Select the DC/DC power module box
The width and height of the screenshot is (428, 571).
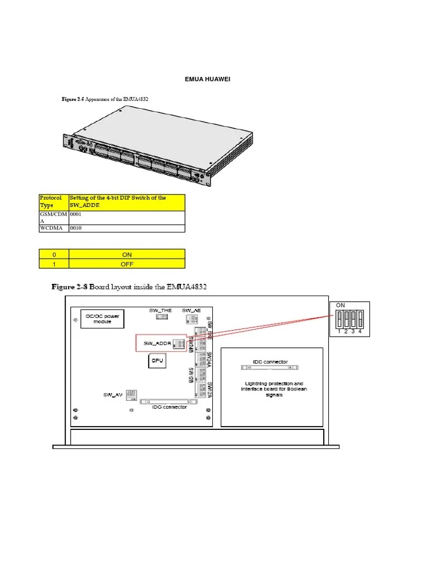(x=103, y=318)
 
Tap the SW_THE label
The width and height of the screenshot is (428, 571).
(x=160, y=310)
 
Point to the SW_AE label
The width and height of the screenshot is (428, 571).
(x=191, y=310)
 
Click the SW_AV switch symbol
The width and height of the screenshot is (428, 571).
(x=132, y=395)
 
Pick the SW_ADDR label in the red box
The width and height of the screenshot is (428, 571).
(x=156, y=343)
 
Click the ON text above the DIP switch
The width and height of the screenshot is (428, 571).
(x=340, y=305)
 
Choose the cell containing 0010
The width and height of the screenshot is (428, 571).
(x=127, y=228)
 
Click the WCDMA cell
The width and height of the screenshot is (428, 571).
(x=53, y=228)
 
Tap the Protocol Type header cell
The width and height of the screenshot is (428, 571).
(x=53, y=201)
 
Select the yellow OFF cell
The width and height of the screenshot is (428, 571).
(x=127, y=264)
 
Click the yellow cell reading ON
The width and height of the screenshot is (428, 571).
(x=127, y=254)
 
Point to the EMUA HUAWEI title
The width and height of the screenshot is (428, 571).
(x=207, y=79)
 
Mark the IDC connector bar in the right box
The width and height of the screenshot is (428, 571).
(x=270, y=369)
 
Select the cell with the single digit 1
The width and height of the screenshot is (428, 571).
(x=53, y=264)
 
